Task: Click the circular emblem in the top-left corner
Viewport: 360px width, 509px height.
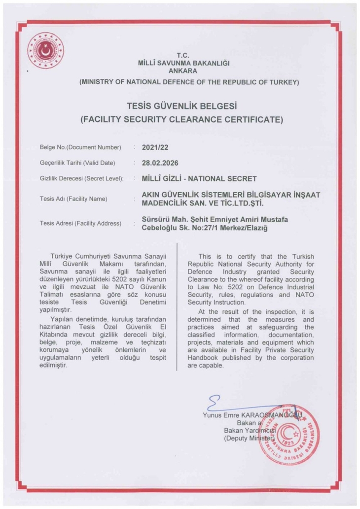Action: tap(50, 50)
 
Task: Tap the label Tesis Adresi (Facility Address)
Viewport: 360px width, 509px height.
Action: tap(80, 223)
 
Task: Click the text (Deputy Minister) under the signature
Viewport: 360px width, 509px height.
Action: tap(248, 437)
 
